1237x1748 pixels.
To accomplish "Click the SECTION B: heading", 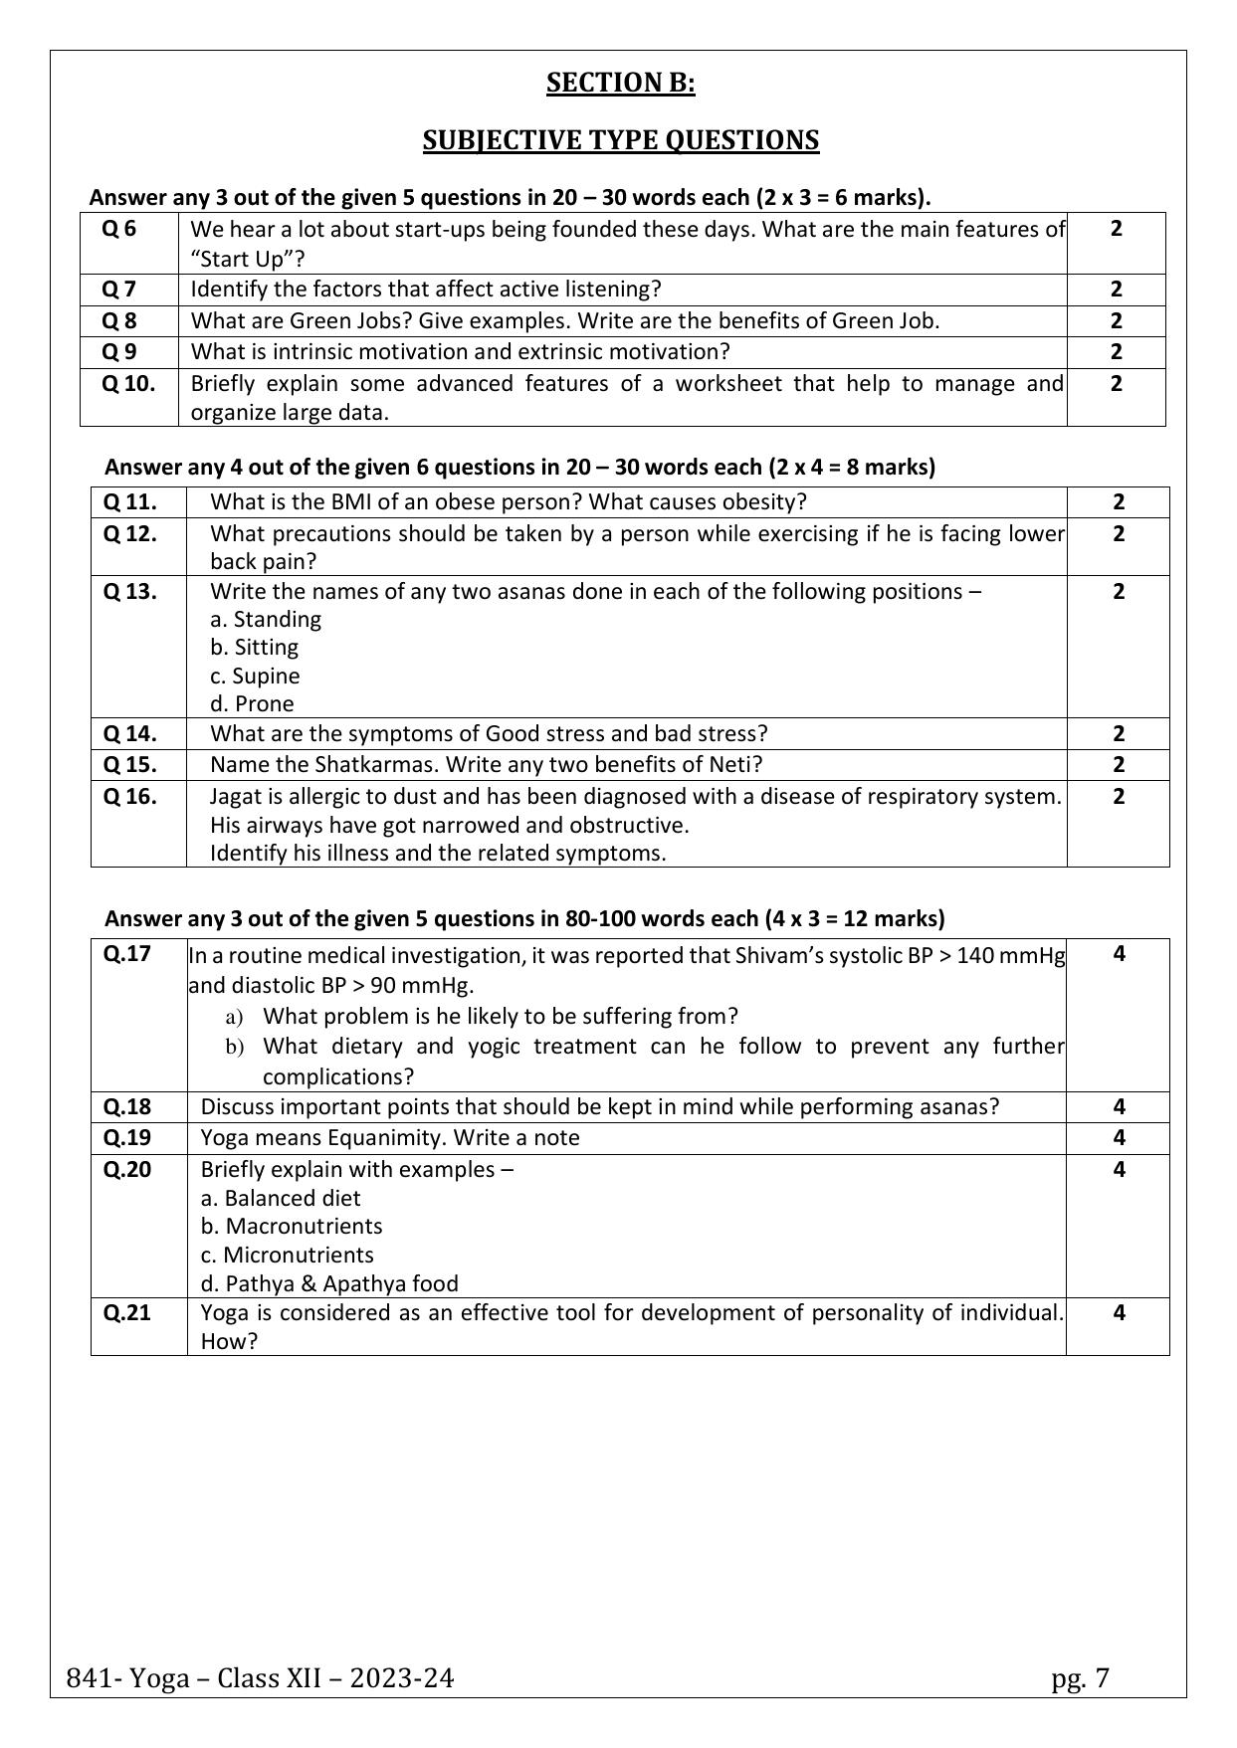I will tap(620, 84).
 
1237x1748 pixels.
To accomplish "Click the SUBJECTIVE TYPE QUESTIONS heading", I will tap(620, 140).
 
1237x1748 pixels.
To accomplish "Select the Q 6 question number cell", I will tap(119, 230).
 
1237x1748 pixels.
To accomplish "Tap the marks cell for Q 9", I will tap(1116, 352).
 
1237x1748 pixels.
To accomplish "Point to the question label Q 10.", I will tap(129, 384).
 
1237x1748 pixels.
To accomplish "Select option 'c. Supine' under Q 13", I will tap(255, 677).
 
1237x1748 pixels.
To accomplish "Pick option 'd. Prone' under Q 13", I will tap(252, 704).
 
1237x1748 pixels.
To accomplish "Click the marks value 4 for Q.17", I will tap(1119, 954).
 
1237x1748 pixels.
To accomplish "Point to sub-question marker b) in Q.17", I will tap(235, 1047).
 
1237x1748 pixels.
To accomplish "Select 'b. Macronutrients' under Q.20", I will tap(292, 1227).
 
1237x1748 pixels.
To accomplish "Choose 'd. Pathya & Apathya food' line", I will tap(329, 1284).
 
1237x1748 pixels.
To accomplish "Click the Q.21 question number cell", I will tap(127, 1313).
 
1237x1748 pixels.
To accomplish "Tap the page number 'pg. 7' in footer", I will tap(1080, 1679).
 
